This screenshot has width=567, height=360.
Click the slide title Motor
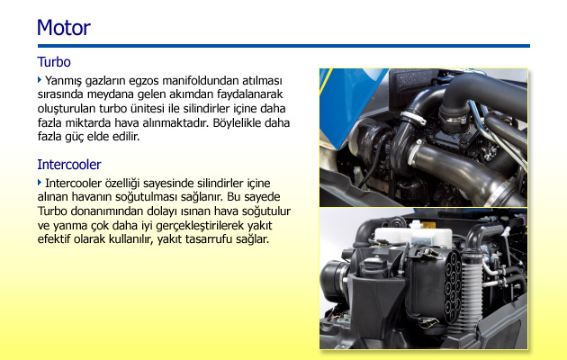point(64,28)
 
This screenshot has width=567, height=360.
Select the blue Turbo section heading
point(54,62)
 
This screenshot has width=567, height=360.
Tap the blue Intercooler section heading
point(69,165)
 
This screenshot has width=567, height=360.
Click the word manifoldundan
point(201,80)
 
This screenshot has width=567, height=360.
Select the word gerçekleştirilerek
point(200,226)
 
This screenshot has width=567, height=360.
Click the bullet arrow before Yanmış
point(40,79)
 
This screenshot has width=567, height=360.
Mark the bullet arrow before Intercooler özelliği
point(40,183)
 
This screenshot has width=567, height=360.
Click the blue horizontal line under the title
point(283,46)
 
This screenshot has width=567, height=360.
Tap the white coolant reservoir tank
point(413,235)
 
